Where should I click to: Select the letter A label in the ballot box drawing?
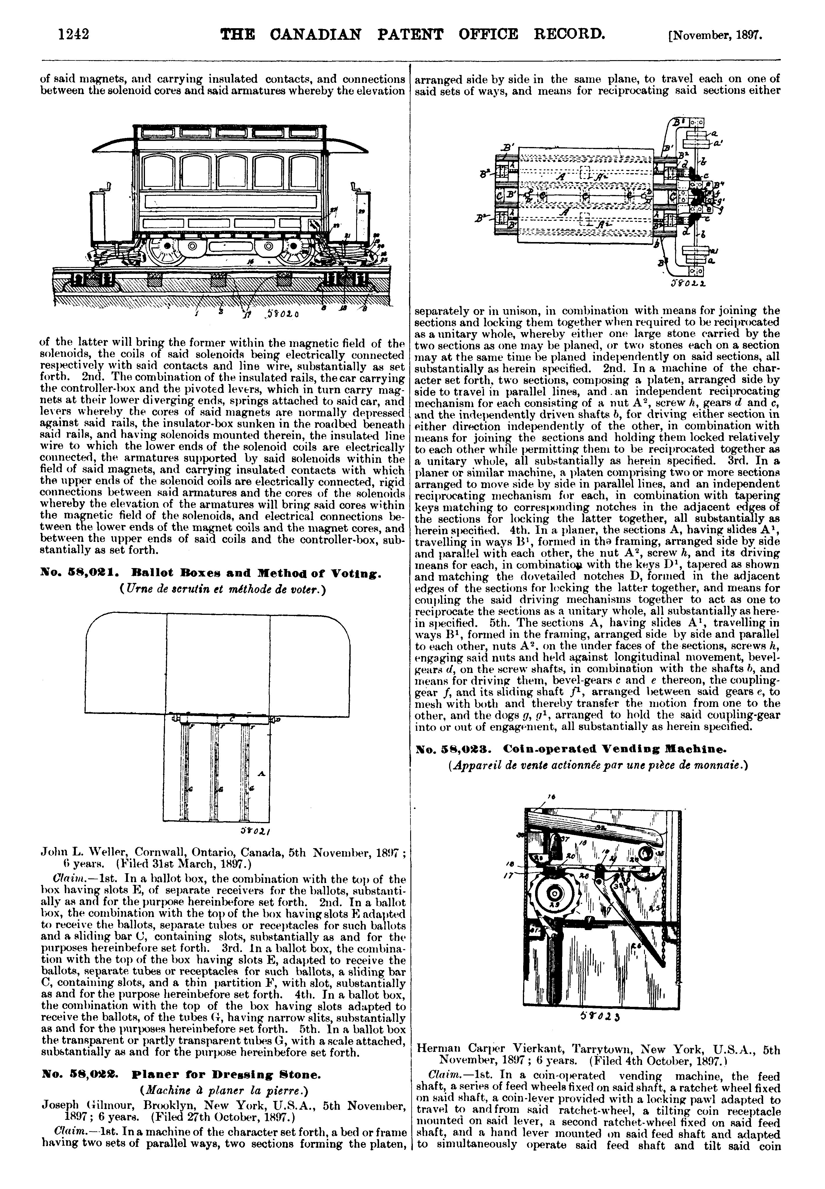tap(261, 773)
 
